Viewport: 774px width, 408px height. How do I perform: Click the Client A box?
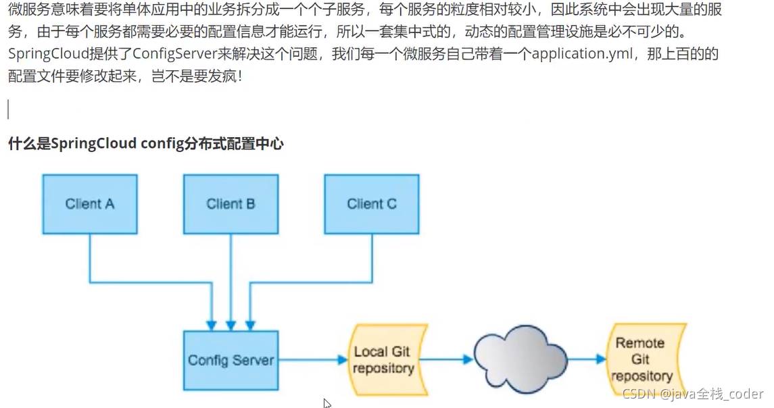89,203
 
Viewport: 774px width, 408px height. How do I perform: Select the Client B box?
231,203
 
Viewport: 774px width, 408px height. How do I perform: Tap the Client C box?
371,203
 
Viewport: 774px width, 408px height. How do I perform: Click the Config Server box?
231,360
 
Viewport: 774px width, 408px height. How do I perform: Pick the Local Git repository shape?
384,359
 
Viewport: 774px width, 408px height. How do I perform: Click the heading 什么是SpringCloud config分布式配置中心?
145,143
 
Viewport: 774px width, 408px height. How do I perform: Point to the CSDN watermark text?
692,394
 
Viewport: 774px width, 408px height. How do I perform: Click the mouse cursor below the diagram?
326,403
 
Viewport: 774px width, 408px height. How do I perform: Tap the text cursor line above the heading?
8,108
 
